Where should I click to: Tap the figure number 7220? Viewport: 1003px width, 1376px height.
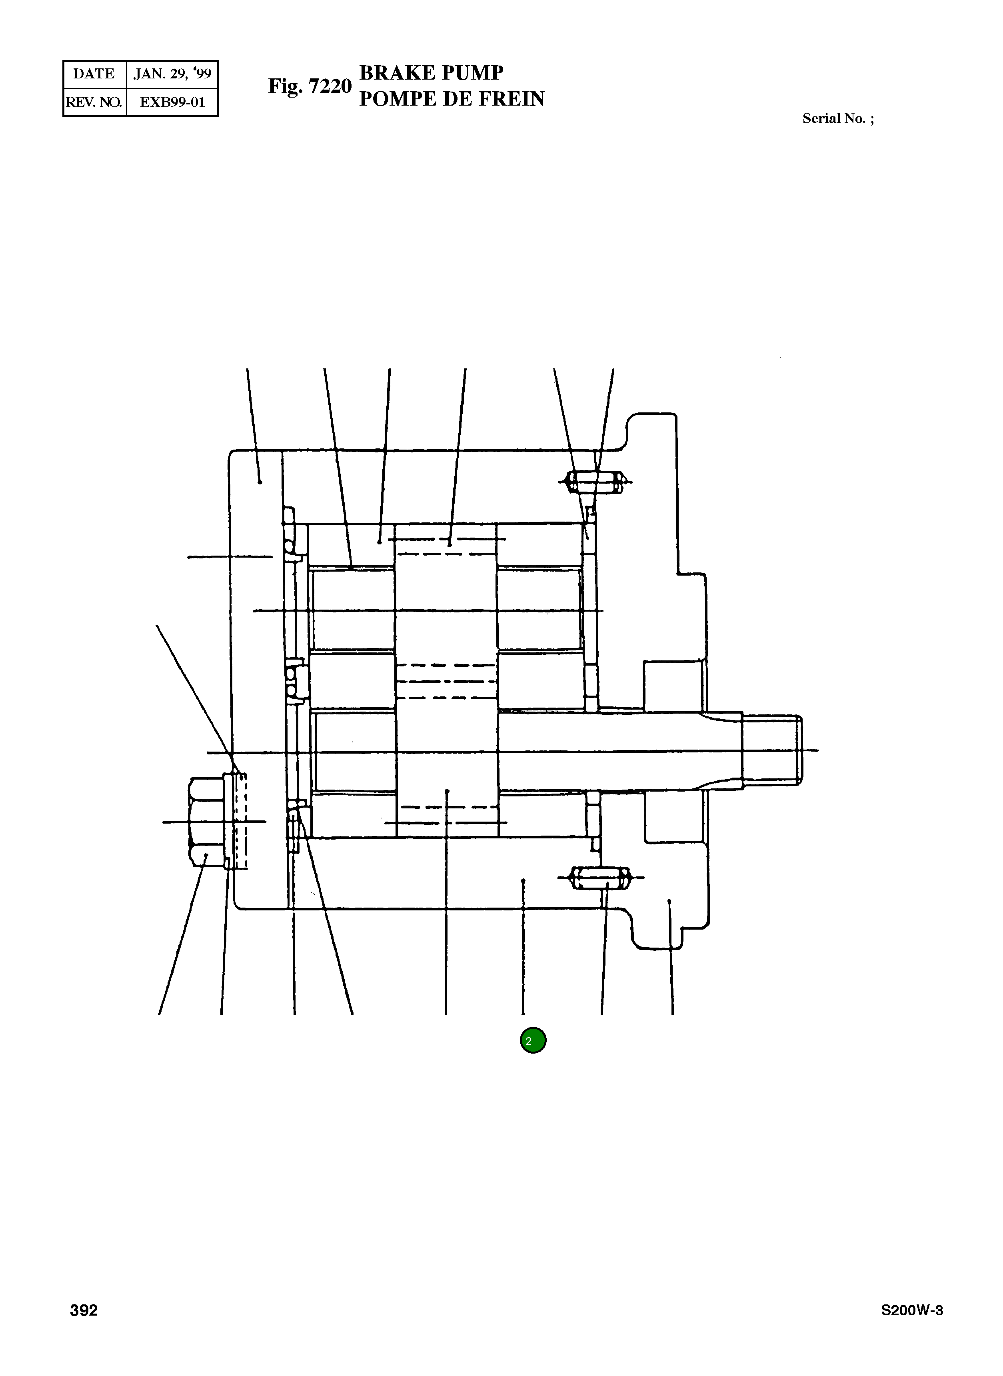330,86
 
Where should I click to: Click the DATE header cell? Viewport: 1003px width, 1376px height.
94,74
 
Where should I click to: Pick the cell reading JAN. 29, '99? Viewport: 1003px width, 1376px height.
172,74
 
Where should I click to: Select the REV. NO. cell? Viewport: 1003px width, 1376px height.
94,102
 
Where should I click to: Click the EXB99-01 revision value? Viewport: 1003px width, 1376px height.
172,102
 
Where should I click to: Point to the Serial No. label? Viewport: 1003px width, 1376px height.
838,118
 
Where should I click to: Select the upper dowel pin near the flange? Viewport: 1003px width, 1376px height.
595,483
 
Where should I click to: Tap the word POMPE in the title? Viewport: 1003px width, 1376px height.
398,99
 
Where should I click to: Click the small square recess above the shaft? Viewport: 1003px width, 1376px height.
673,686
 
